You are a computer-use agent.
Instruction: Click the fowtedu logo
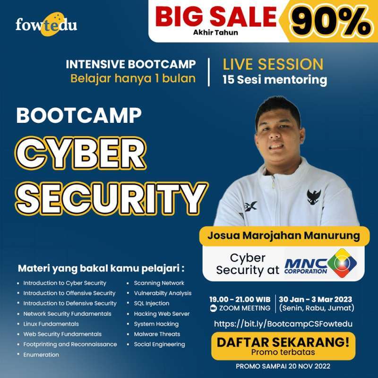click(x=46, y=25)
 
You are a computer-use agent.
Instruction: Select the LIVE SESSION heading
click(x=273, y=64)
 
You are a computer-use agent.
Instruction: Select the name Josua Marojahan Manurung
click(x=283, y=234)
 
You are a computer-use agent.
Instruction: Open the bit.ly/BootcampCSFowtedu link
click(x=283, y=324)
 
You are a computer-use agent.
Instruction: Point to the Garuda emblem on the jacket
click(x=314, y=195)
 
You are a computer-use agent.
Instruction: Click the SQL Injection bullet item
click(x=151, y=303)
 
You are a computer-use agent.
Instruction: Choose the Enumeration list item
click(x=41, y=354)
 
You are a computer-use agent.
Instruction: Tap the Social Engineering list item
click(x=159, y=344)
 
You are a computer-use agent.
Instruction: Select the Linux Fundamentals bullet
click(x=51, y=324)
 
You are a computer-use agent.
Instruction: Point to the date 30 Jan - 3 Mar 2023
click(x=316, y=299)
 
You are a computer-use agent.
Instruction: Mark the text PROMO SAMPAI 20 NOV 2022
click(x=283, y=367)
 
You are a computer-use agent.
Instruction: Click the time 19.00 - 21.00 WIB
click(x=240, y=299)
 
